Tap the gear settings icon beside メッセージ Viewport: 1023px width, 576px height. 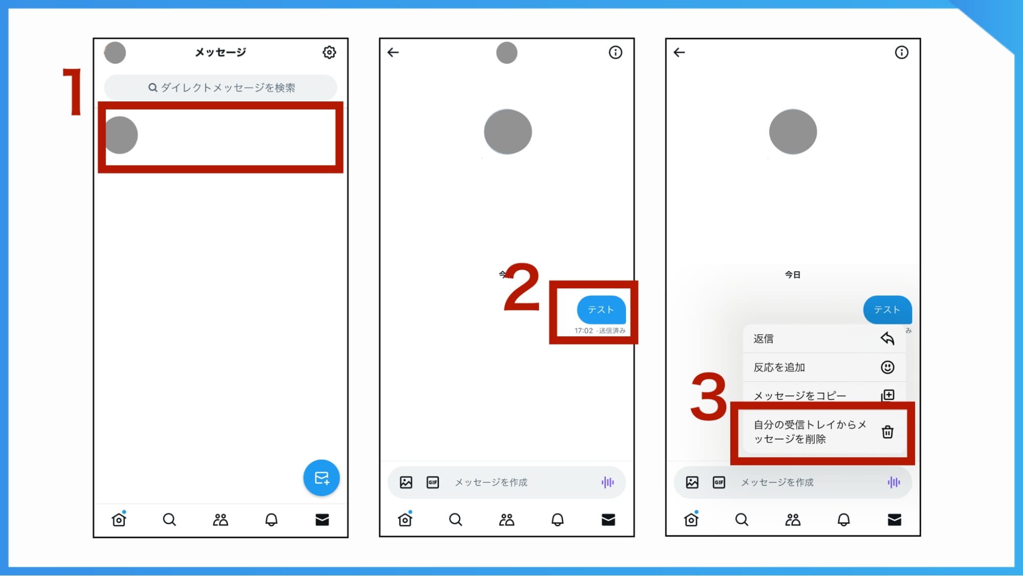click(x=329, y=52)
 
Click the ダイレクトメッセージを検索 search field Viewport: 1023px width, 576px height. click(x=221, y=88)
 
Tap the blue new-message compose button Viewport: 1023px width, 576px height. click(x=321, y=478)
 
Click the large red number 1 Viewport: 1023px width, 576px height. click(x=73, y=92)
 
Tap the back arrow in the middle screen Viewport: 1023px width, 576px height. click(x=393, y=52)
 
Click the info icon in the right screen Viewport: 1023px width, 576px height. click(x=901, y=52)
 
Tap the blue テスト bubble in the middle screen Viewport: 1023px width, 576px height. click(x=601, y=309)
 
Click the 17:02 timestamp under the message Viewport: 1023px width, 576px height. click(x=583, y=331)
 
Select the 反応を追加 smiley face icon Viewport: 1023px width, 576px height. click(x=887, y=367)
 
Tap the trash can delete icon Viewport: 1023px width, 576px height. click(x=887, y=432)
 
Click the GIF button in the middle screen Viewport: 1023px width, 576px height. click(x=432, y=482)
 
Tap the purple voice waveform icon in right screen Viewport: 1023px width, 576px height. click(x=894, y=482)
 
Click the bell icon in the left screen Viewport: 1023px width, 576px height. click(x=271, y=520)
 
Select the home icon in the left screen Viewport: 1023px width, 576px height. click(x=119, y=520)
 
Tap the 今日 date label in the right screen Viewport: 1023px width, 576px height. click(x=793, y=275)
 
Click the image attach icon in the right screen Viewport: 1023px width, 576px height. click(x=692, y=482)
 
